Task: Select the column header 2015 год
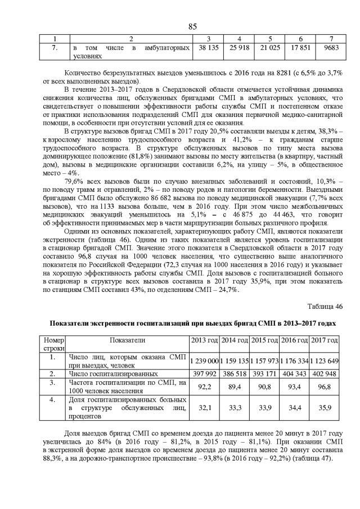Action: tap(265, 341)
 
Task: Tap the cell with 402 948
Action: tap(325, 373)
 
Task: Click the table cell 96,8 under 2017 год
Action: tap(325, 386)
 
